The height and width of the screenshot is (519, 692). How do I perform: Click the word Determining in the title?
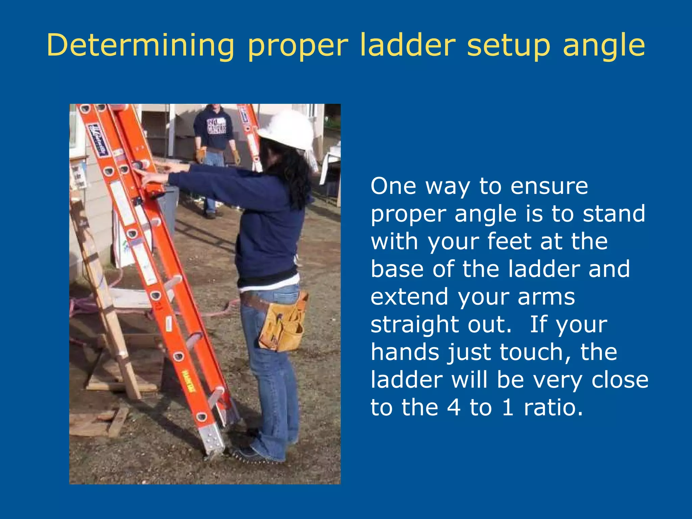[140, 46]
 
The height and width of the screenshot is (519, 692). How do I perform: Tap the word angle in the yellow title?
[604, 46]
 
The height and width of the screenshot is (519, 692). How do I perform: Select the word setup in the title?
[508, 46]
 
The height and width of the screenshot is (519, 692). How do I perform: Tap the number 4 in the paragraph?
[453, 407]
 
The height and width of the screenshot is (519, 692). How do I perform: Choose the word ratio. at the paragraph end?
[553, 407]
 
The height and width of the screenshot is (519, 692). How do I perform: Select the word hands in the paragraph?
[405, 352]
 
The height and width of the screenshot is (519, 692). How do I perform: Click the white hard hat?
[289, 130]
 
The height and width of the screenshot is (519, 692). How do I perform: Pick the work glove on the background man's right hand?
[201, 155]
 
